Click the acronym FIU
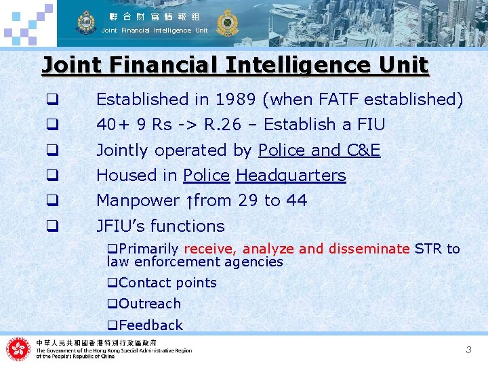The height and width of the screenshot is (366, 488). coord(369,125)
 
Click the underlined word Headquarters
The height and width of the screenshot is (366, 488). coord(291,176)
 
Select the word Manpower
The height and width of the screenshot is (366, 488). coord(138,201)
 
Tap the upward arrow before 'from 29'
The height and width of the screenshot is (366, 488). coord(189,201)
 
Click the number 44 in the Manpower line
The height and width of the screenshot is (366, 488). coord(297,201)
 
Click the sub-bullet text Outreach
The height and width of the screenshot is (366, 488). coord(149,304)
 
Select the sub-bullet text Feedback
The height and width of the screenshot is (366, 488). coord(150,325)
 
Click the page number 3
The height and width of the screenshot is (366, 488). coord(468,350)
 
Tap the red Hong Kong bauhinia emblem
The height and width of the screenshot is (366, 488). coord(18,350)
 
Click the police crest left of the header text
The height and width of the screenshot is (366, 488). coord(86,22)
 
